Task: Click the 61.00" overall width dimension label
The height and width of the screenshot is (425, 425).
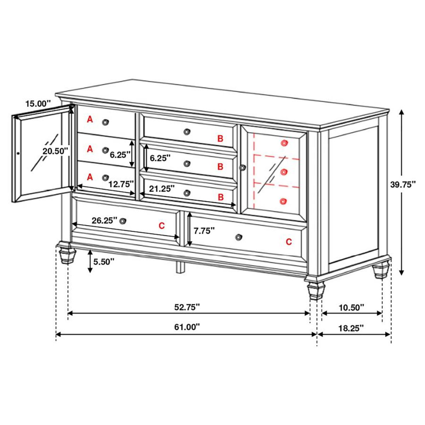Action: pyautogui.click(x=187, y=327)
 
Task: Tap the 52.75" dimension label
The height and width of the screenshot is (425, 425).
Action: pyautogui.click(x=187, y=307)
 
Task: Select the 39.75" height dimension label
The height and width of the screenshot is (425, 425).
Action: pyautogui.click(x=403, y=185)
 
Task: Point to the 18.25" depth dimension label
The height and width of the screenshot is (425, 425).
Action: pyautogui.click(x=351, y=328)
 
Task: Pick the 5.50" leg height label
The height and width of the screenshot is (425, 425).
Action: pyautogui.click(x=104, y=262)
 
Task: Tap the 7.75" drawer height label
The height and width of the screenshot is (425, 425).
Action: pyautogui.click(x=204, y=231)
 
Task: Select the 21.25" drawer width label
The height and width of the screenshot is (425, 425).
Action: pyautogui.click(x=161, y=189)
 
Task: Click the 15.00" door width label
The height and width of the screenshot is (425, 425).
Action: pyautogui.click(x=38, y=104)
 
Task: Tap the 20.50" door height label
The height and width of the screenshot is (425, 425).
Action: pyautogui.click(x=55, y=151)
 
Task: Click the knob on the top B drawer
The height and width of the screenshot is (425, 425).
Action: pyautogui.click(x=187, y=132)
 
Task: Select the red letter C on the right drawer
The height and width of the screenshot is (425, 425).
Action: pyautogui.click(x=289, y=242)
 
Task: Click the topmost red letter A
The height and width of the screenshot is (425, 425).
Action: pyautogui.click(x=90, y=120)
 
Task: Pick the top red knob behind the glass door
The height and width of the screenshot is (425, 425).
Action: pyautogui.click(x=283, y=143)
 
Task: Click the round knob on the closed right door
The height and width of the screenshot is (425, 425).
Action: pyautogui.click(x=243, y=167)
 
